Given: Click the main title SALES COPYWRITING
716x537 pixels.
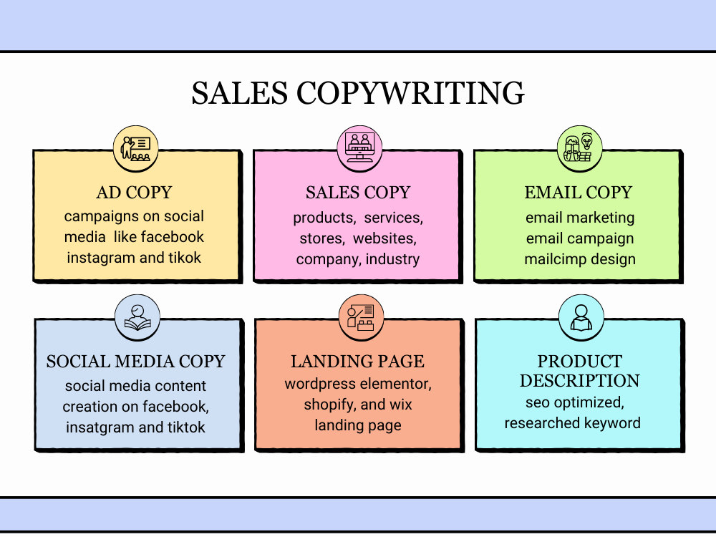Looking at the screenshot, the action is tap(358, 92).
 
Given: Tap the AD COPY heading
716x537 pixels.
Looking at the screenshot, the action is tap(135, 192).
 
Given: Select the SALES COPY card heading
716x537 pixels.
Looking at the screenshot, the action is tap(358, 192).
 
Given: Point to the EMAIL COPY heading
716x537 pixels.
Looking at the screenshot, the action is tap(578, 192).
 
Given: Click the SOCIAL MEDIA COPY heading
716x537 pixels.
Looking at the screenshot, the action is tap(135, 361).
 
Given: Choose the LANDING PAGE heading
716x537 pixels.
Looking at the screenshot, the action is tap(357, 361).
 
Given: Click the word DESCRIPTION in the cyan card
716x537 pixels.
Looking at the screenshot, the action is tap(579, 381).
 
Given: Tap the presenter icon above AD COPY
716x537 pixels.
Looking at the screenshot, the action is tap(135, 149).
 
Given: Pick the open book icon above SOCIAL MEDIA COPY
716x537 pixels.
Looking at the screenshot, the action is tap(137, 318).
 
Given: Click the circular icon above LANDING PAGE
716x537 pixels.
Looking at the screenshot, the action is tap(361, 318).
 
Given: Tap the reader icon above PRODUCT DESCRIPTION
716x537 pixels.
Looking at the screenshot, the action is tap(581, 318).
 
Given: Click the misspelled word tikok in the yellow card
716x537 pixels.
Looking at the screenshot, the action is tap(185, 258).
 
